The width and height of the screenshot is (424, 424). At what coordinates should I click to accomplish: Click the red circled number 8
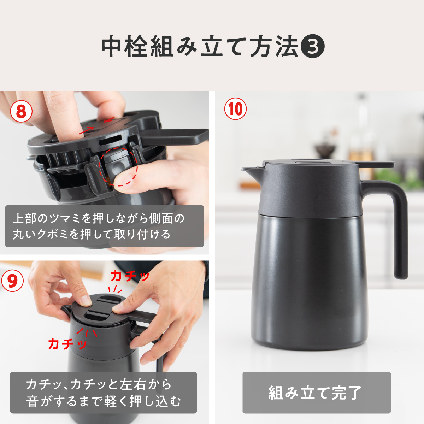[x=21, y=111]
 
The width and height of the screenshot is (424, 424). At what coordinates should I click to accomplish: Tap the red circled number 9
[x=12, y=281]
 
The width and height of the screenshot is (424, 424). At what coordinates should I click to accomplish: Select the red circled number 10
[x=236, y=109]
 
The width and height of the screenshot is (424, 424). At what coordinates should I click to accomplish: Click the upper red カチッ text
[x=130, y=276]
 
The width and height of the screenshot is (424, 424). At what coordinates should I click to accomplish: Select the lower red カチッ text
[x=67, y=343]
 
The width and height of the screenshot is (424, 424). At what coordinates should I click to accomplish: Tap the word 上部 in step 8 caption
[x=24, y=218]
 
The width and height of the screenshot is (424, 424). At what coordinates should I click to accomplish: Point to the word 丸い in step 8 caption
[x=24, y=234]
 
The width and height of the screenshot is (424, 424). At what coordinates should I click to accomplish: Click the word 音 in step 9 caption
[x=33, y=401]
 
